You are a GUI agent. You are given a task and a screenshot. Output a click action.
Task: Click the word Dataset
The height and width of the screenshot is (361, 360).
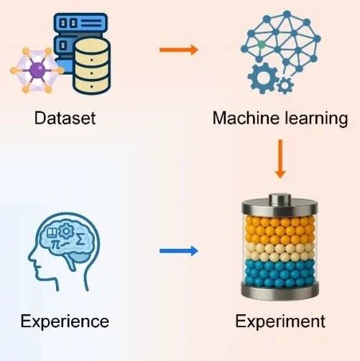pos(65,118)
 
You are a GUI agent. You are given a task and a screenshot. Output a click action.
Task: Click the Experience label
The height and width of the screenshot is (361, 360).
pos(65,321)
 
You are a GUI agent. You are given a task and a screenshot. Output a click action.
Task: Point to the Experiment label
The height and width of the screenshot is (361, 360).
pos(280,321)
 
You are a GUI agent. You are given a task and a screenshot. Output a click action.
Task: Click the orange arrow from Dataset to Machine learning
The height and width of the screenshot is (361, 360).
pos(179,50)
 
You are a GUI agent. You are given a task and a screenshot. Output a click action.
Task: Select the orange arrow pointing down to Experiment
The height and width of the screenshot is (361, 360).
pos(280,159)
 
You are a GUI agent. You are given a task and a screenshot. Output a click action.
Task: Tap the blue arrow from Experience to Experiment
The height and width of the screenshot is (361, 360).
pos(179,251)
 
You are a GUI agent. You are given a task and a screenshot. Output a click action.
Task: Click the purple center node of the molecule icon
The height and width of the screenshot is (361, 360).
pos(37,70)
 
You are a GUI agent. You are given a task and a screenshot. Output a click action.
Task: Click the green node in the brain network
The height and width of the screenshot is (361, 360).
pos(262,45)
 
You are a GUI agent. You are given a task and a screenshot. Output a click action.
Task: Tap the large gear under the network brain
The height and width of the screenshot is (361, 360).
pos(263,78)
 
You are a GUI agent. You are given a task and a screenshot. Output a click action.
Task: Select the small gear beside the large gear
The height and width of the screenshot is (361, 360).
pos(285,86)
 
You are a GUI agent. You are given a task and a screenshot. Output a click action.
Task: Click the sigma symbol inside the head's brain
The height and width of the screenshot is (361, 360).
pos(80,239)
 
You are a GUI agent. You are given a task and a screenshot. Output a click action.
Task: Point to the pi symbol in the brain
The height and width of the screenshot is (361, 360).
pos(56,244)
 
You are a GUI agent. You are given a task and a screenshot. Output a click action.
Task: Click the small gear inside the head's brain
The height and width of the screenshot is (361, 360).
pos(65,231)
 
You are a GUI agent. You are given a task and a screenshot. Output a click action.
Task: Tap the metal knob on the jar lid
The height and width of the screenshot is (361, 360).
pos(280,198)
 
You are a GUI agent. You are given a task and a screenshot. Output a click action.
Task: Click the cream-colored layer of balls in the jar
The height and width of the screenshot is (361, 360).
pos(280,252)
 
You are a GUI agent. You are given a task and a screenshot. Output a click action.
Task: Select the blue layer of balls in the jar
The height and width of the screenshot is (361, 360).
pos(280,273)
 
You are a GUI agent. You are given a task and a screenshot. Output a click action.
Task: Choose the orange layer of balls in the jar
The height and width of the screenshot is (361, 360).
pos(280,231)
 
